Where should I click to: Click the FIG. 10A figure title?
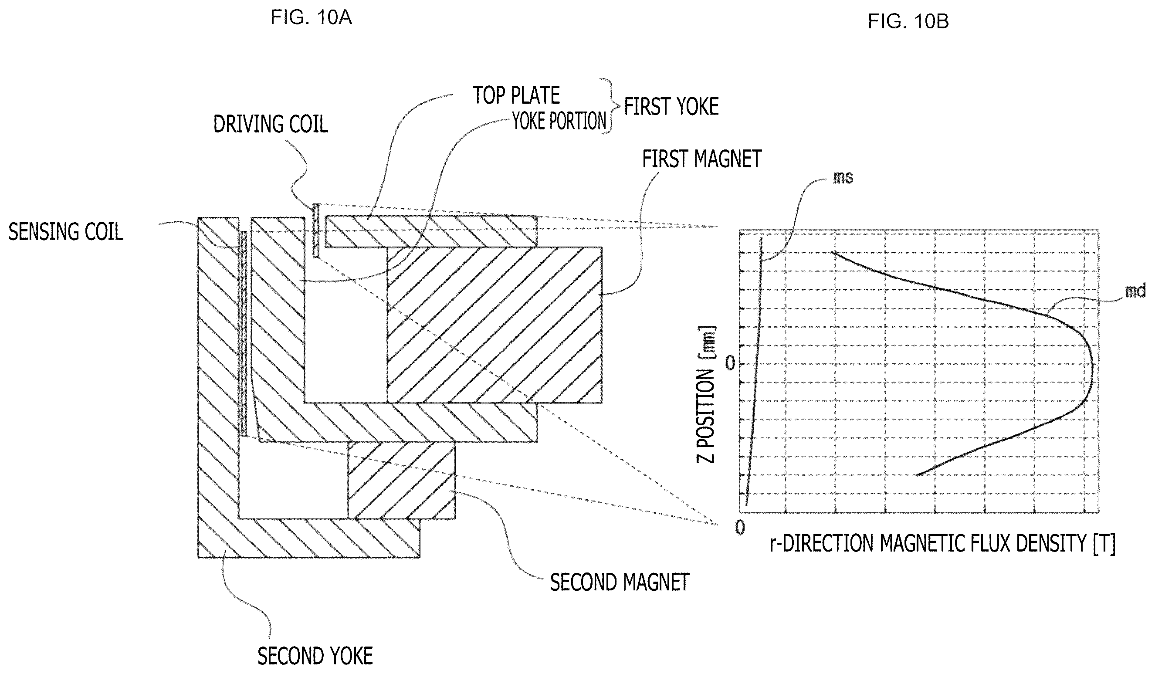pos(311,17)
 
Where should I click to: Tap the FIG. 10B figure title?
pos(908,21)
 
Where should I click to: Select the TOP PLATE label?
pos(516,95)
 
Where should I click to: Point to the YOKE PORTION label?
pos(559,122)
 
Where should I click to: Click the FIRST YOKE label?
pos(671,107)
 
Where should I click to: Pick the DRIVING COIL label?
pos(271,124)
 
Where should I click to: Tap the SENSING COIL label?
pos(65,232)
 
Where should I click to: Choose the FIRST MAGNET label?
pos(702,159)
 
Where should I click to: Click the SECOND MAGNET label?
pos(620,583)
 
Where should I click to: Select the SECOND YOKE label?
pos(315,656)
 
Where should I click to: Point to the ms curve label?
pos(843,177)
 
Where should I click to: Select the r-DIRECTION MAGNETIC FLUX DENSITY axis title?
pos(943,544)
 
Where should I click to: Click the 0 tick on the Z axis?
pos(730,363)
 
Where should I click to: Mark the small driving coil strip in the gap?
pos(316,230)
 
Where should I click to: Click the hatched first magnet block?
pos(495,325)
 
